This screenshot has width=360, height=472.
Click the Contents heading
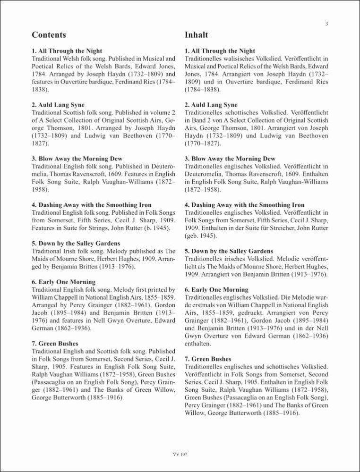pyautogui.click(x=49, y=35)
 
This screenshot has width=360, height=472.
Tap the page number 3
pyautogui.click(x=326, y=24)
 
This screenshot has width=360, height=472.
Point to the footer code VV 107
pyautogui.click(x=180, y=454)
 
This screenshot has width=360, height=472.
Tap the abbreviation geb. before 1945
pyautogui.click(x=191, y=236)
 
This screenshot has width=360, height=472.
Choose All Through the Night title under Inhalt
pyautogui.click(x=220, y=51)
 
